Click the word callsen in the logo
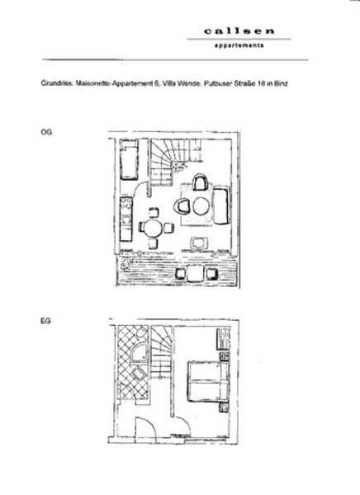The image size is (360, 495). click(239, 31)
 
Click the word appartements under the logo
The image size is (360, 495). click(239, 45)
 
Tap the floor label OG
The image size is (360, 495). click(46, 132)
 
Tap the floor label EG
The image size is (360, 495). click(45, 321)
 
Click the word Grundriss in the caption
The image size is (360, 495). click(57, 83)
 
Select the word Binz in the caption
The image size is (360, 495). click(281, 83)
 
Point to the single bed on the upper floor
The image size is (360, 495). click(129, 160)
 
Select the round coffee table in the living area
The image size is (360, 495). click(201, 206)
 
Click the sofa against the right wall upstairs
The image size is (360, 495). click(221, 205)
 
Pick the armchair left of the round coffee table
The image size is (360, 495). click(182, 206)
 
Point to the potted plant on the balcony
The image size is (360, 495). click(126, 263)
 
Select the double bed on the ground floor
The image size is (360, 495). click(208, 381)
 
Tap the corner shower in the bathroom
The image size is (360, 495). click(140, 352)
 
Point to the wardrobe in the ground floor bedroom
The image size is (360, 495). click(223, 339)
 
